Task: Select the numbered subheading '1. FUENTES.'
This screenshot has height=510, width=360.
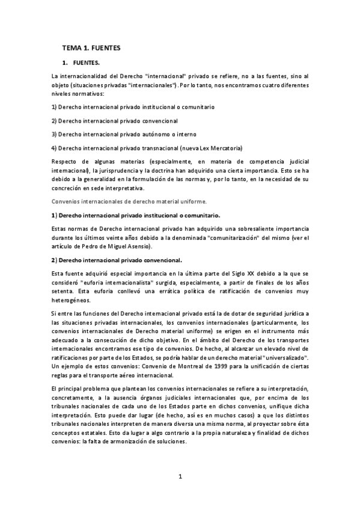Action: [85, 63]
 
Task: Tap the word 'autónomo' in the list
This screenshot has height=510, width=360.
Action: [159, 134]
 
